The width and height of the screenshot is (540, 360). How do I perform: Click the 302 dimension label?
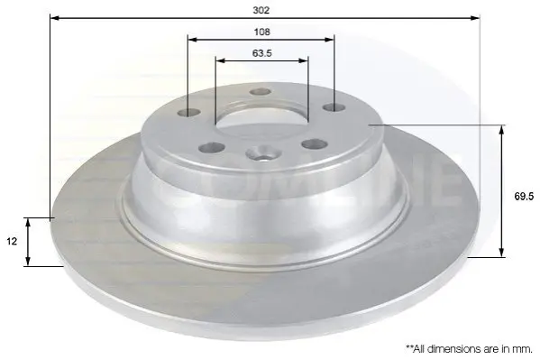pyautogui.click(x=261, y=10)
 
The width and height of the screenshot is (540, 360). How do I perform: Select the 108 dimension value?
pyautogui.click(x=261, y=32)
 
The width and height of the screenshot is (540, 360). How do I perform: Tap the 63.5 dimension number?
pyautogui.click(x=262, y=53)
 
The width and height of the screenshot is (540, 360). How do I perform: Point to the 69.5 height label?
pyautogui.click(x=524, y=196)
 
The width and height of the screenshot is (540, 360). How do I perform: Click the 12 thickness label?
pyautogui.click(x=12, y=242)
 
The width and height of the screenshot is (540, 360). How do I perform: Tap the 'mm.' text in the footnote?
pyautogui.click(x=523, y=349)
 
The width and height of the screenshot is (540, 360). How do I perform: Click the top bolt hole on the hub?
pyautogui.click(x=261, y=92)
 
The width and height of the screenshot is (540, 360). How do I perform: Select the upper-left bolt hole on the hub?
pyautogui.click(x=188, y=113)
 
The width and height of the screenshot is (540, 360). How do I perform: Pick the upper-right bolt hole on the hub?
pyautogui.click(x=334, y=107)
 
